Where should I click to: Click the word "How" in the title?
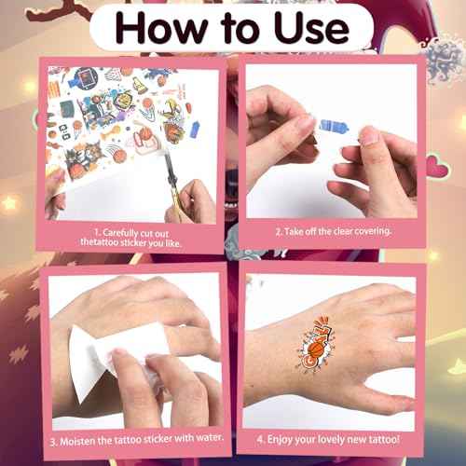(x=161, y=28)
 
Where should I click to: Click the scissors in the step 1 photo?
(x=173, y=184)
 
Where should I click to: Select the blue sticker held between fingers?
(x=334, y=127)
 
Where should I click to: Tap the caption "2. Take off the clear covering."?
(x=333, y=231)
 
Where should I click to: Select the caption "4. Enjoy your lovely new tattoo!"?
(x=328, y=440)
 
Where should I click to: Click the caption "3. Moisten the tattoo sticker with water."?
(x=137, y=439)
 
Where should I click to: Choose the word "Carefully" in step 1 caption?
(x=121, y=233)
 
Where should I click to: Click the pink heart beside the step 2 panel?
(x=437, y=167)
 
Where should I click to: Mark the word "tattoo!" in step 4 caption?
(x=384, y=439)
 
